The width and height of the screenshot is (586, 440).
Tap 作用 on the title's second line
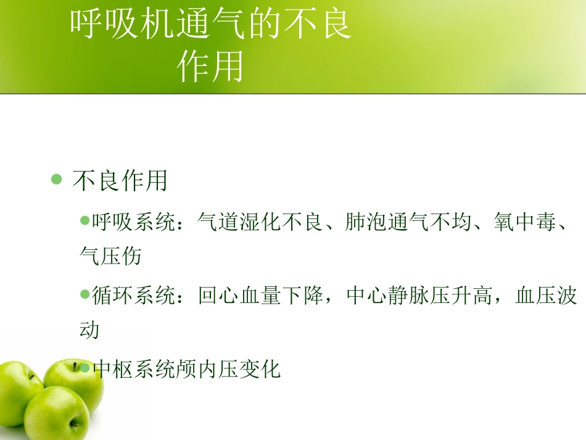(x=210, y=66)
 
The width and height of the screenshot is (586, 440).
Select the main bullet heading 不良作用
(x=120, y=181)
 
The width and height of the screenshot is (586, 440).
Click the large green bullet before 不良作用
(x=57, y=180)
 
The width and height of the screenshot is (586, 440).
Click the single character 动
(x=90, y=330)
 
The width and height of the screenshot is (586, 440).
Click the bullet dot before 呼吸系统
(x=85, y=220)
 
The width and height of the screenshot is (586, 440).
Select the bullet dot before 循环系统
(x=85, y=294)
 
